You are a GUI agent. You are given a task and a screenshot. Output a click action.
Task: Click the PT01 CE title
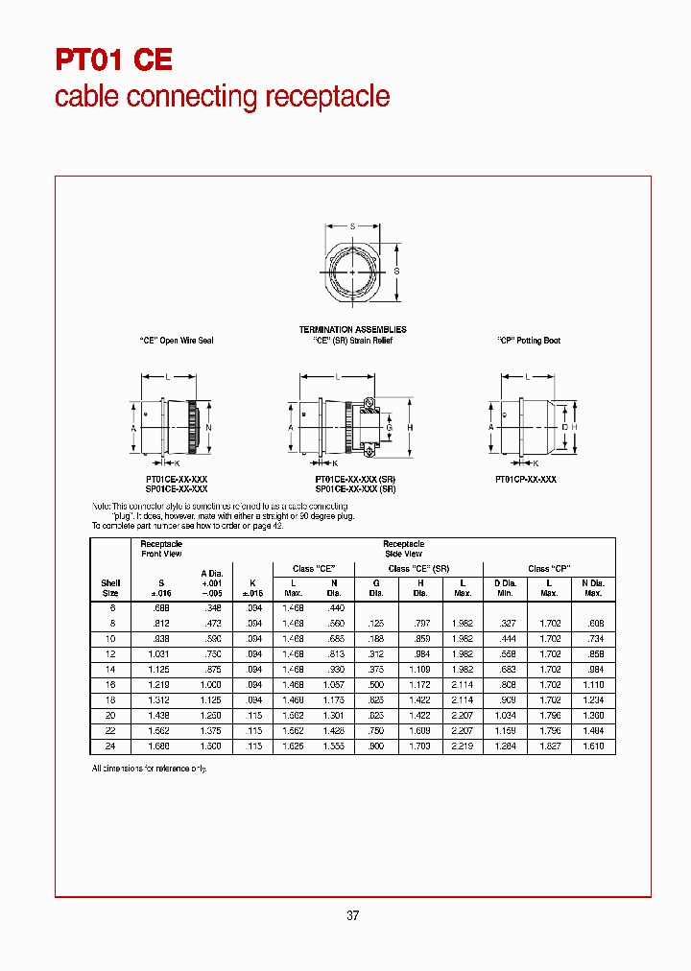pyautogui.click(x=113, y=60)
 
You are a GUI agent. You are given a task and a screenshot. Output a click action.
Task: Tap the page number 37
pyautogui.click(x=352, y=915)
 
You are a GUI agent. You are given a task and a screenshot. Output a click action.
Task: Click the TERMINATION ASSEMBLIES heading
pyautogui.click(x=352, y=330)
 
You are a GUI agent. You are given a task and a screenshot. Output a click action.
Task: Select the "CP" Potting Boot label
pyautogui.click(x=529, y=341)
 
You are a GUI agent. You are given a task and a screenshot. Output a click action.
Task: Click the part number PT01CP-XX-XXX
pyautogui.click(x=525, y=478)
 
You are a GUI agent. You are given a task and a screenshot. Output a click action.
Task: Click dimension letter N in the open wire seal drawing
pyautogui.click(x=208, y=427)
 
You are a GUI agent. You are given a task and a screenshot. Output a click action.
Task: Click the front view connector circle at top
pyautogui.click(x=352, y=272)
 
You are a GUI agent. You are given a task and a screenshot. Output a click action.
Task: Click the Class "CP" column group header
pyautogui.click(x=548, y=569)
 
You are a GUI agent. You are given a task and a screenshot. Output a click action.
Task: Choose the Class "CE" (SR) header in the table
pyautogui.click(x=418, y=569)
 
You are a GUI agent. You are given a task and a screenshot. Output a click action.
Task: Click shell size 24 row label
pyautogui.click(x=110, y=746)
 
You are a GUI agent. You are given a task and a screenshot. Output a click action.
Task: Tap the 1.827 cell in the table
pyautogui.click(x=548, y=746)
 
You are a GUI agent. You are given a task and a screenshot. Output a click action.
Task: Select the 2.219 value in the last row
pyautogui.click(x=462, y=746)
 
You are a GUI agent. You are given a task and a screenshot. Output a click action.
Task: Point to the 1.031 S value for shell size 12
pyautogui.click(x=159, y=654)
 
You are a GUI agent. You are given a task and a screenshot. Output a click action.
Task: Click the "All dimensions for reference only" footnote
pyautogui.click(x=149, y=769)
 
